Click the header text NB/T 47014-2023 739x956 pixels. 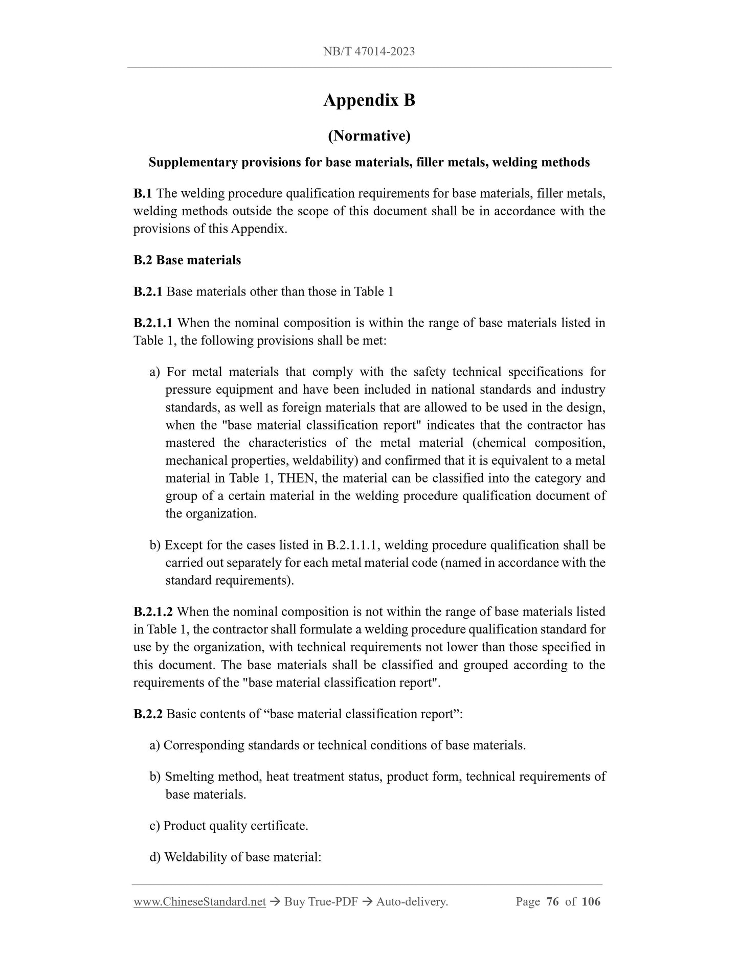click(369, 51)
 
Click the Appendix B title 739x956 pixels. click(369, 100)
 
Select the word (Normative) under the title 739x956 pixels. click(369, 135)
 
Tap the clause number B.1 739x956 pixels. click(143, 194)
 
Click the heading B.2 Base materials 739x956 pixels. click(187, 260)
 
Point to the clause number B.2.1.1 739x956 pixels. click(153, 323)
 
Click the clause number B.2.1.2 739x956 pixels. click(153, 612)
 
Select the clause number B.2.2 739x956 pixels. click(148, 714)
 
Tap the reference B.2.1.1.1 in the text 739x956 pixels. click(352, 545)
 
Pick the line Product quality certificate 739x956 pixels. click(235, 826)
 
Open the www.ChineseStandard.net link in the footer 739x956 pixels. click(199, 902)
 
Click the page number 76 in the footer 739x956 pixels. click(552, 902)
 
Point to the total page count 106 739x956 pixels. click(591, 902)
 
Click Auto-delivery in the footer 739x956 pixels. click(412, 902)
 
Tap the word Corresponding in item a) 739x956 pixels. click(204, 746)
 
